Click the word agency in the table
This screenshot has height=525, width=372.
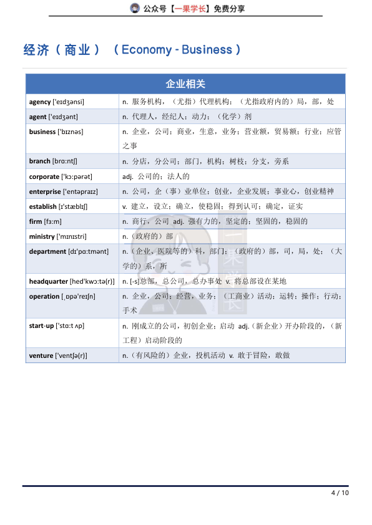(40, 102)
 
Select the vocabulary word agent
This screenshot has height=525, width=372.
(37, 117)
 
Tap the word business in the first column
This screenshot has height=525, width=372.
(42, 132)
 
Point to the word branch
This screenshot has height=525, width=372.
(39, 161)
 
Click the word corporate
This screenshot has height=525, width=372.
(44, 176)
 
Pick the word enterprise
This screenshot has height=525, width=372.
(45, 191)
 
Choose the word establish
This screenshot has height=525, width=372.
(42, 206)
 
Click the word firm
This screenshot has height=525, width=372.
(35, 221)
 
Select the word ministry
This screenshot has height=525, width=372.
(42, 236)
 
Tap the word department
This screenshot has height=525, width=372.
(47, 251)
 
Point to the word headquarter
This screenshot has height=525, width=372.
(49, 281)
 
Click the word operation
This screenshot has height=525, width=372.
(44, 296)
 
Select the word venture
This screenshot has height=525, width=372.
(41, 356)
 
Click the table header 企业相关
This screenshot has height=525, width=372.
(185, 84)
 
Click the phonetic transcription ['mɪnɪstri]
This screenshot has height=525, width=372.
(72, 236)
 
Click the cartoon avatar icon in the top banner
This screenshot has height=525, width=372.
(134, 8)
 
